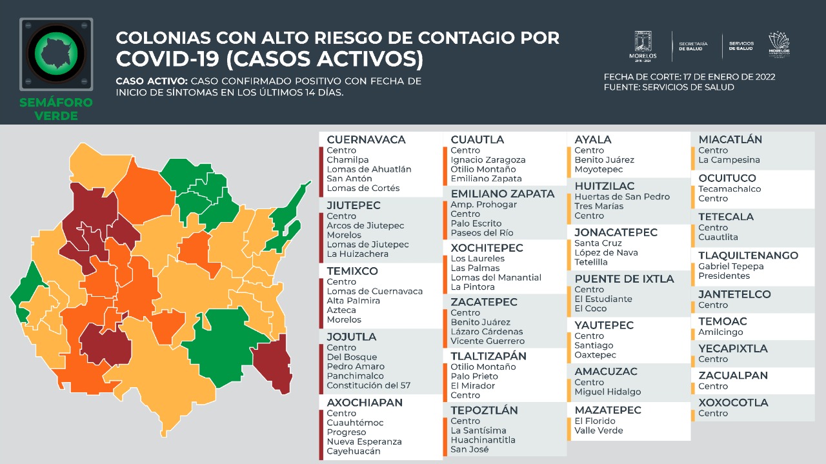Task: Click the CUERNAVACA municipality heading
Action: click(x=366, y=139)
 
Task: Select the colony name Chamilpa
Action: click(x=347, y=160)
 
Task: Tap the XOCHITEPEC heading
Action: click(x=487, y=248)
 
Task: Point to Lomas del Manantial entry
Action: click(x=496, y=277)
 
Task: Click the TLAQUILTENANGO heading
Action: click(x=748, y=256)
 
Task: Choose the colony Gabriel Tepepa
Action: click(x=730, y=267)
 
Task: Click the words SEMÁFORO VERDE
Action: click(x=56, y=109)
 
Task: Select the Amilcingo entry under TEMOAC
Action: click(x=720, y=332)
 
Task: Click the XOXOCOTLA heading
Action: click(x=733, y=403)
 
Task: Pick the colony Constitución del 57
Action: click(x=368, y=385)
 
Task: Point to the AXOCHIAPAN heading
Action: click(x=365, y=403)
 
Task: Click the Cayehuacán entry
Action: click(x=354, y=451)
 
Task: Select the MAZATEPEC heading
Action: click(x=608, y=410)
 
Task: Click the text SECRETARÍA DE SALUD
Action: click(x=693, y=46)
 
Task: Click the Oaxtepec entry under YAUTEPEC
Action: click(x=595, y=355)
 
